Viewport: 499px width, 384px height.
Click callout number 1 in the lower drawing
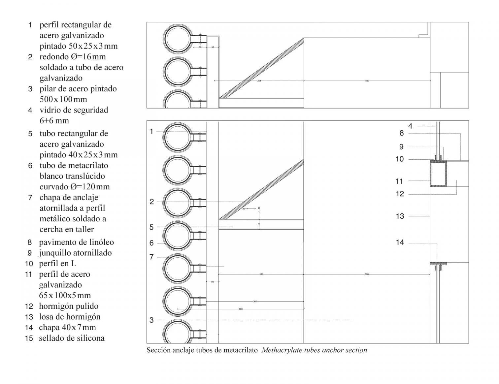151,132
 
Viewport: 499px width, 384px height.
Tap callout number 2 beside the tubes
151,202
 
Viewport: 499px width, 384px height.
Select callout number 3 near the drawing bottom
151,320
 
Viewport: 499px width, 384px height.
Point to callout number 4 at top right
410,126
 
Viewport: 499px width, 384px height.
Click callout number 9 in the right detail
401,147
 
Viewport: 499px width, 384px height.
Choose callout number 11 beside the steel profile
399,181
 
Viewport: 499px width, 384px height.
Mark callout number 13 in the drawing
400,216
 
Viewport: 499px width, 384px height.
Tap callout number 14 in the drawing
400,242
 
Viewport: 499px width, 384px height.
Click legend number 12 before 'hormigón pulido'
29,306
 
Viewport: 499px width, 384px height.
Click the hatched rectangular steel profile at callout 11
438,174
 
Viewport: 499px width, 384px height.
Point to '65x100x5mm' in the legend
65,295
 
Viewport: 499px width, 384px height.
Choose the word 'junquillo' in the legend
55,253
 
